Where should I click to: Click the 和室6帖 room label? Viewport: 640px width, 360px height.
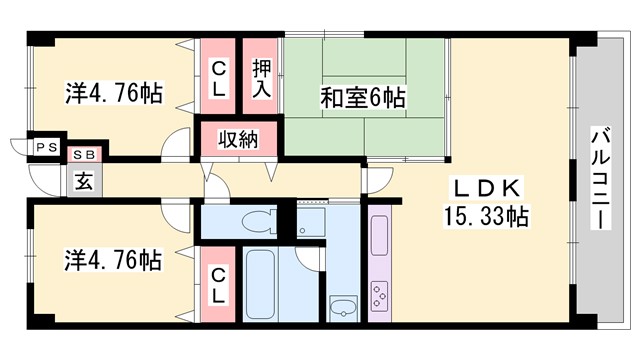pos(362,98)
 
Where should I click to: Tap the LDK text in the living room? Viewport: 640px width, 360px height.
pos(487,189)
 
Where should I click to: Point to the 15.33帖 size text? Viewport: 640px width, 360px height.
pos(487,215)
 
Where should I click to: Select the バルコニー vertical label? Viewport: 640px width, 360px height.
pos(601,180)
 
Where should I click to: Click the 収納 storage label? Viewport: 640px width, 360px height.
pos(240,138)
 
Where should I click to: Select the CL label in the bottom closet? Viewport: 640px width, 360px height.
pos(218,284)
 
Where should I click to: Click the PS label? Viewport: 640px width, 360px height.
pos(44,146)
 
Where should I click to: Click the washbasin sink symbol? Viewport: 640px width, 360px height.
pos(343,306)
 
